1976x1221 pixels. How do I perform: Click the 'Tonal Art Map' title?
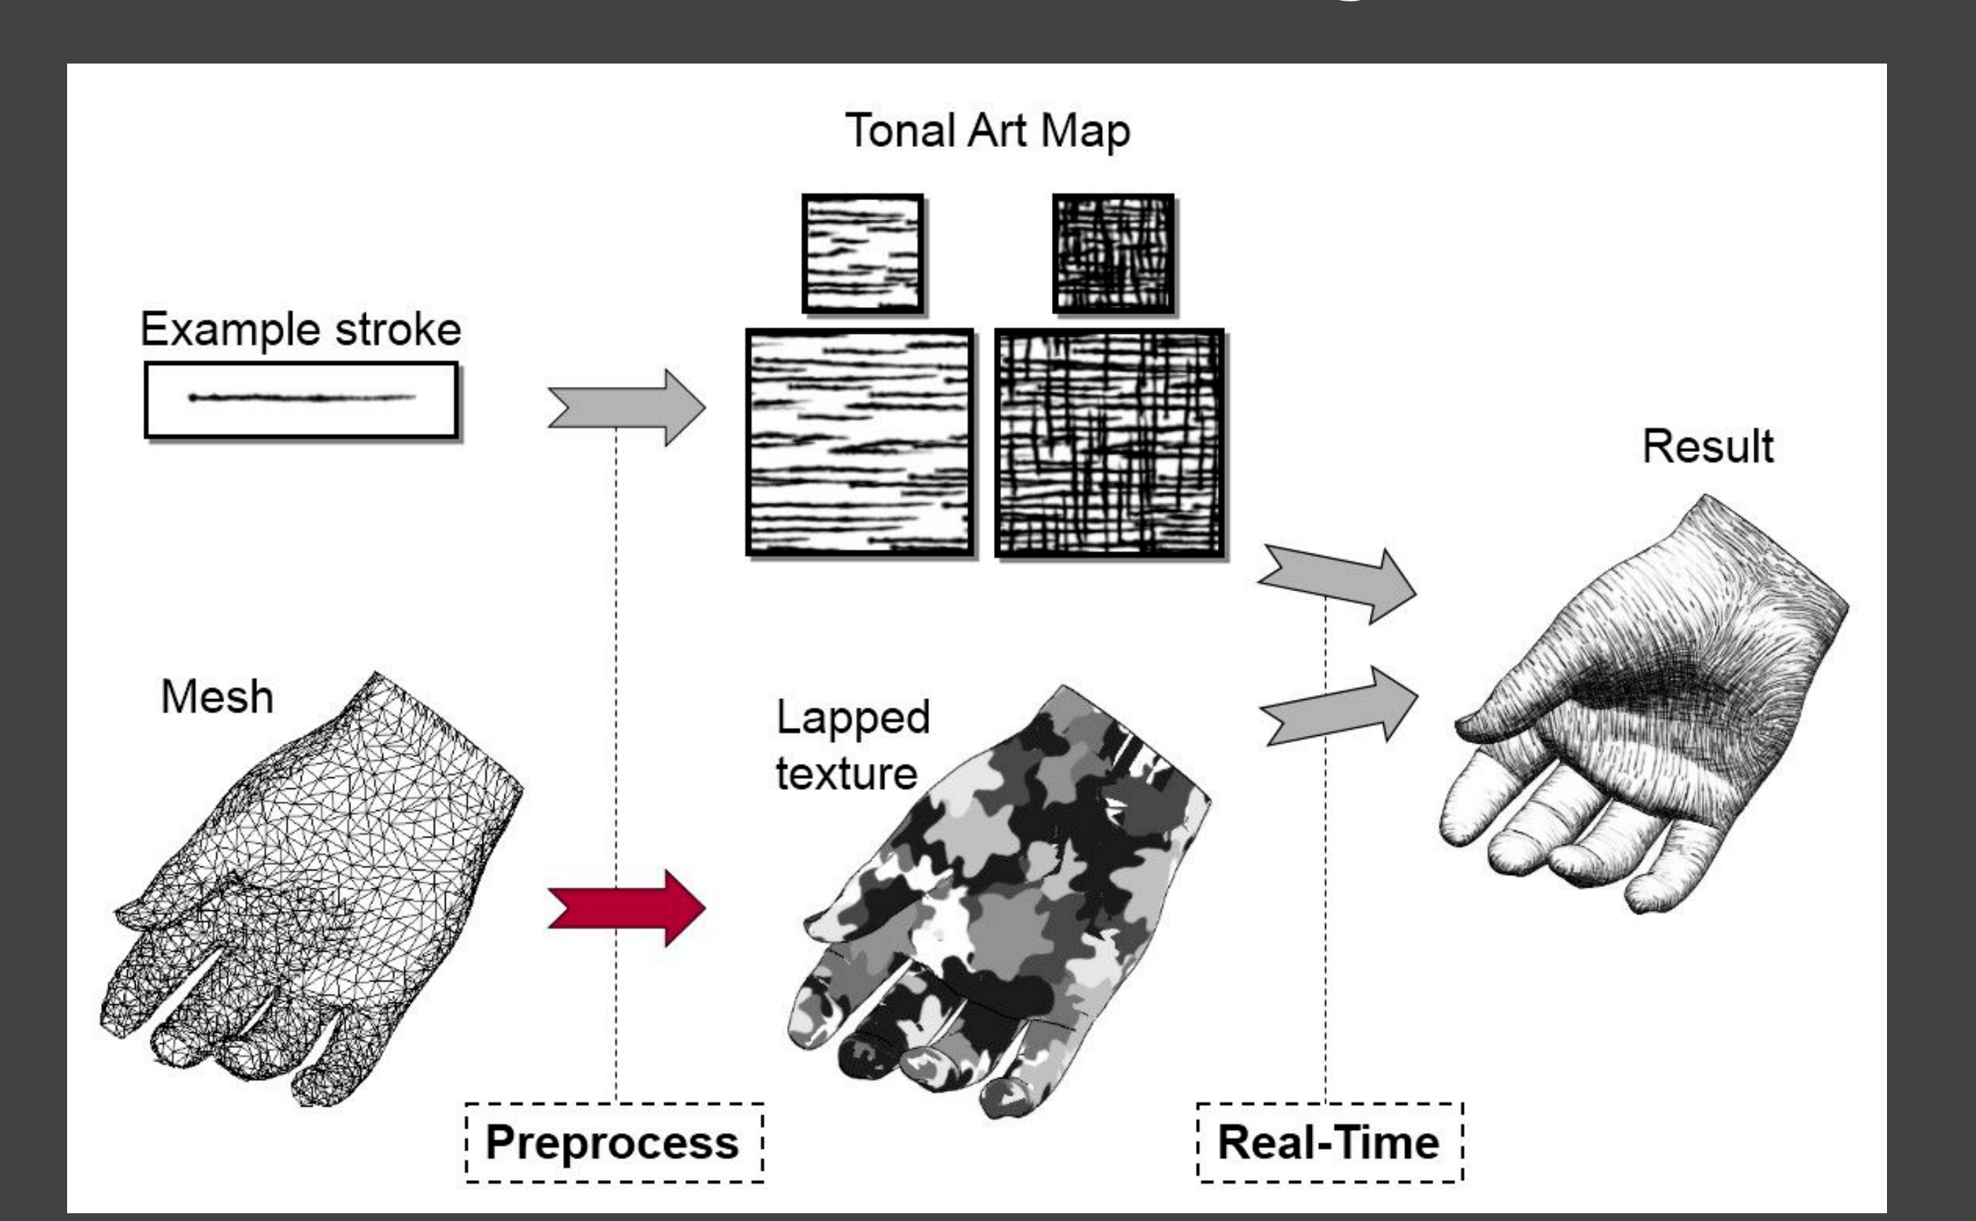coord(987,131)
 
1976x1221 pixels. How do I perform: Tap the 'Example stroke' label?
coord(300,330)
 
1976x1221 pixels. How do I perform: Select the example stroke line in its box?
coord(302,398)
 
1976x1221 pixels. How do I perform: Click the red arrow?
coord(626,907)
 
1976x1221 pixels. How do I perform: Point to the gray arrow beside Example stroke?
coord(626,407)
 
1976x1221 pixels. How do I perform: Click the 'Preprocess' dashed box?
coord(614,1143)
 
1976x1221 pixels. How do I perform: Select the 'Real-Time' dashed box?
coord(1330,1143)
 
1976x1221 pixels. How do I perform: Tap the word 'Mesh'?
coord(216,696)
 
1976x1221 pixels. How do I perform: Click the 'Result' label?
coord(1708,446)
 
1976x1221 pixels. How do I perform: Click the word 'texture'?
coord(846,773)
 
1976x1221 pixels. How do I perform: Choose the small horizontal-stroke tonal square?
coord(863,254)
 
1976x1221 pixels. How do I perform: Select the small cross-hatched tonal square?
coord(1113,254)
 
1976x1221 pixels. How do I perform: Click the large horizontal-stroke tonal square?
coord(860,443)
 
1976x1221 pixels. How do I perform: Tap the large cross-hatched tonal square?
coord(1110,443)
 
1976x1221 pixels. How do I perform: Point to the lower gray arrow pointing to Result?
coord(1339,705)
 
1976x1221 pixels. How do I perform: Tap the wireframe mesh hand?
coord(311,888)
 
